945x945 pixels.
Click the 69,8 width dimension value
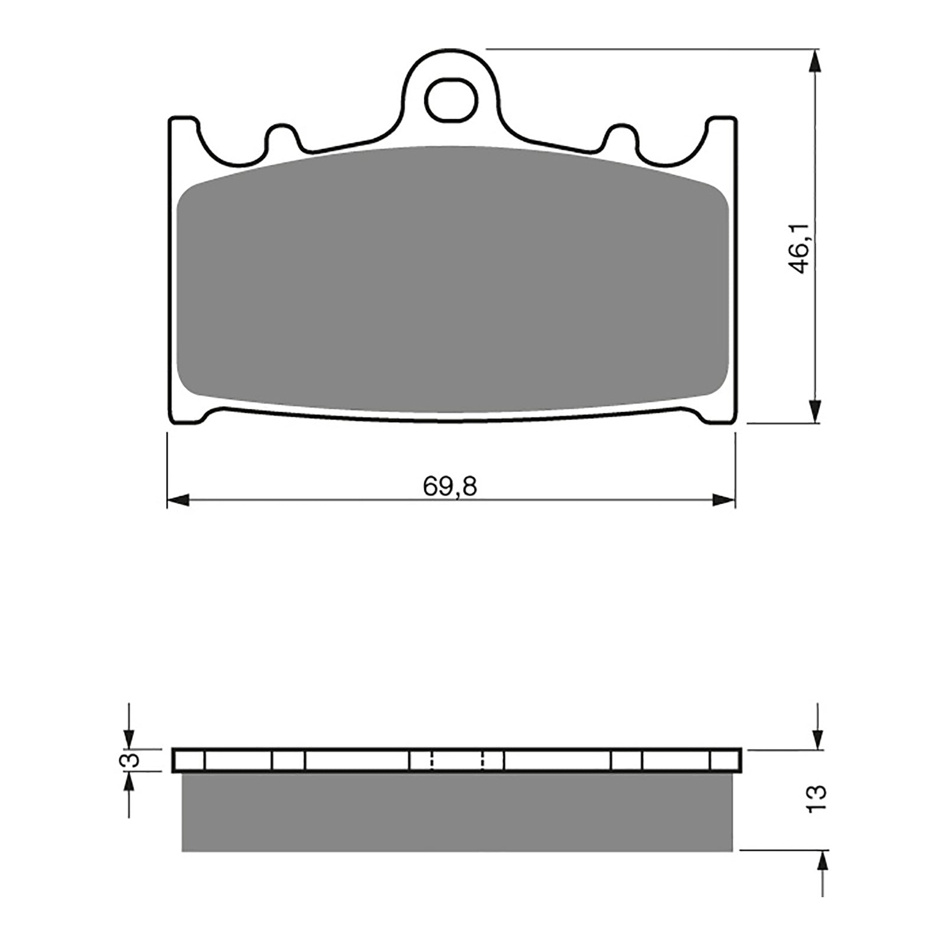click(x=449, y=487)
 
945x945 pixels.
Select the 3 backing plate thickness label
click(x=133, y=760)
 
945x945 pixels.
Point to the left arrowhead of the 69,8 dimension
click(x=178, y=501)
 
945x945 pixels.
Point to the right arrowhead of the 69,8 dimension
click(x=725, y=501)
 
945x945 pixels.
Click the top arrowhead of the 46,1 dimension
click(x=815, y=61)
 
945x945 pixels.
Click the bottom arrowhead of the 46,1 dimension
click(x=815, y=411)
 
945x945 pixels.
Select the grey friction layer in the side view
click(x=456, y=812)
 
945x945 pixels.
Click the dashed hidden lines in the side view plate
click(x=458, y=760)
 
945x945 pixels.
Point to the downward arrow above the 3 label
click(x=129, y=739)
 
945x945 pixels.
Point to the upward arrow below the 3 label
click(x=129, y=784)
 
